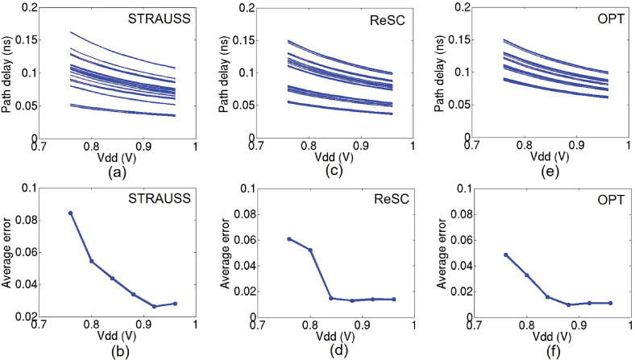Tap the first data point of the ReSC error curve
pyautogui.click(x=288, y=238)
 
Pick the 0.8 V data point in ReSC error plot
pyautogui.click(x=309, y=250)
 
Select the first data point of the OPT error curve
pyautogui.click(x=506, y=254)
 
